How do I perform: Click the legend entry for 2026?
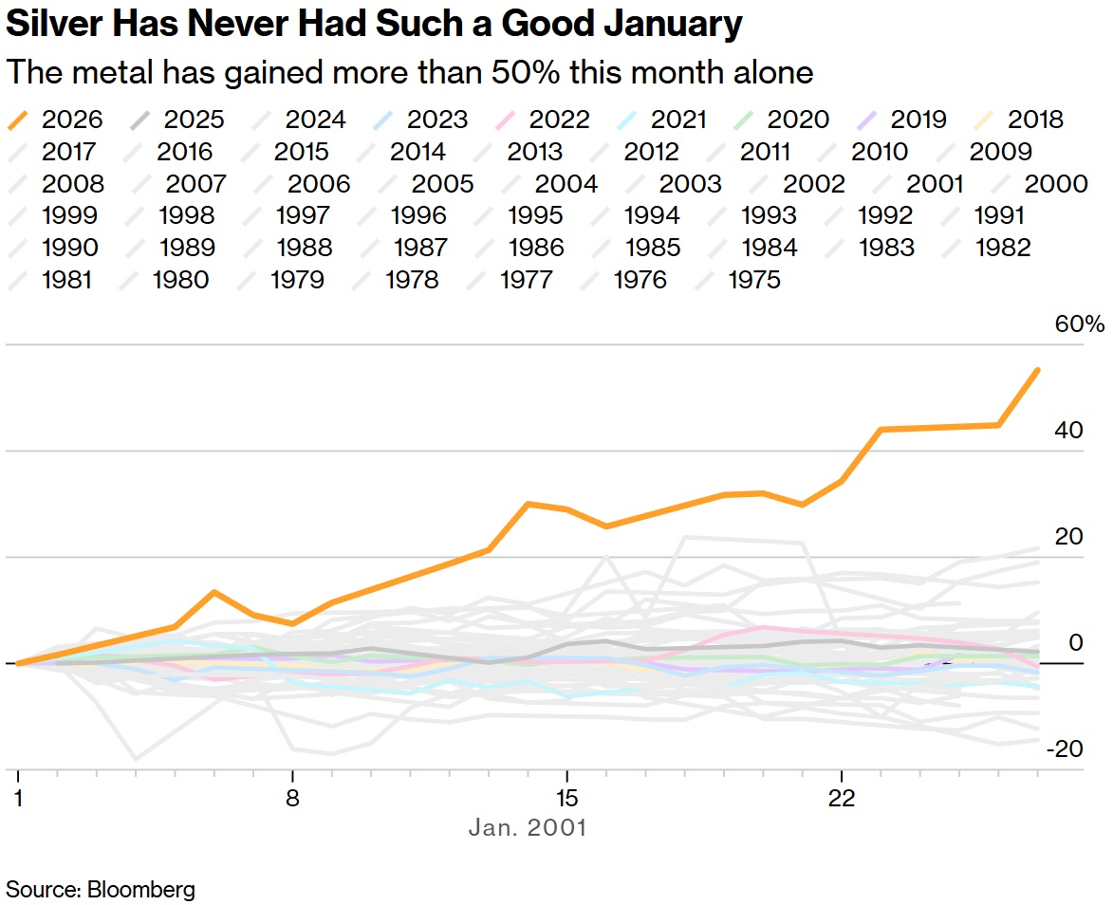[55, 120]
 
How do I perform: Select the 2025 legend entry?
[177, 120]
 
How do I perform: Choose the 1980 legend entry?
[165, 280]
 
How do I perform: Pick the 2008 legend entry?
[56, 184]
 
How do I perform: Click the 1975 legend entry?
[738, 280]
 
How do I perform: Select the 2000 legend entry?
[1040, 184]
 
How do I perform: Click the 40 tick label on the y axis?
[1069, 430]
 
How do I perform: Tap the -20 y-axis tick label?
[1065, 748]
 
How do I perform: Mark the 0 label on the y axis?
[1076, 642]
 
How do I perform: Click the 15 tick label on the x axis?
[566, 798]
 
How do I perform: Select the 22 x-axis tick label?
[841, 798]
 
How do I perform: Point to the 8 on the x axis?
[292, 798]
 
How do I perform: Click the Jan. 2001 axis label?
[528, 827]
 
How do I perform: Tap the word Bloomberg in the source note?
[141, 890]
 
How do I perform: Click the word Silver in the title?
[54, 24]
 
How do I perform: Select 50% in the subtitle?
[525, 72]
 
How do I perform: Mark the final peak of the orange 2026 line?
[1038, 370]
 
